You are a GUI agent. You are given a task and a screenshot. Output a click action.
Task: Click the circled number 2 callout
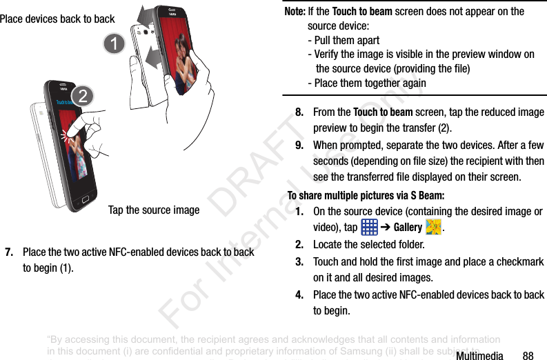(x=83, y=97)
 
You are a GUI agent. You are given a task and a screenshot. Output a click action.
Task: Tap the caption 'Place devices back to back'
(x=57, y=19)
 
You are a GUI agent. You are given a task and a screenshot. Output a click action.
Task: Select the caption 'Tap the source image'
(x=154, y=210)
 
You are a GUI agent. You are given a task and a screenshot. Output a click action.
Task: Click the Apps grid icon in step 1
(x=369, y=228)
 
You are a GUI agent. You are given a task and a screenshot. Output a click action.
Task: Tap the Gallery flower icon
(x=433, y=227)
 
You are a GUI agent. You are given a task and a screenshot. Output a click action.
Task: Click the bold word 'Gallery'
(x=408, y=228)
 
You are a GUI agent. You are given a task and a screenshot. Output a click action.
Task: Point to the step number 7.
(x=10, y=252)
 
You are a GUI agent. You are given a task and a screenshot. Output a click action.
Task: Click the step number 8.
(x=300, y=112)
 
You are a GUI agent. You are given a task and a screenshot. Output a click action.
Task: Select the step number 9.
(x=300, y=145)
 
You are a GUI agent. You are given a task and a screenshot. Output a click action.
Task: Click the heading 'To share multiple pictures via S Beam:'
(x=366, y=195)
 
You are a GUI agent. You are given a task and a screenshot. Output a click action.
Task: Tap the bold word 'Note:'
(x=295, y=11)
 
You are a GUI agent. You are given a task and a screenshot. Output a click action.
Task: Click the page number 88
(x=528, y=356)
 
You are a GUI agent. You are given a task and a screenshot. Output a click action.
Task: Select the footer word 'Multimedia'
(x=479, y=356)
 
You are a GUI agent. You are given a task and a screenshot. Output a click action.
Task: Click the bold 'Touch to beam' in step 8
(x=383, y=112)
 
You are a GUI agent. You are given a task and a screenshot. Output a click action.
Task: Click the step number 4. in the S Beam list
(x=300, y=294)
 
